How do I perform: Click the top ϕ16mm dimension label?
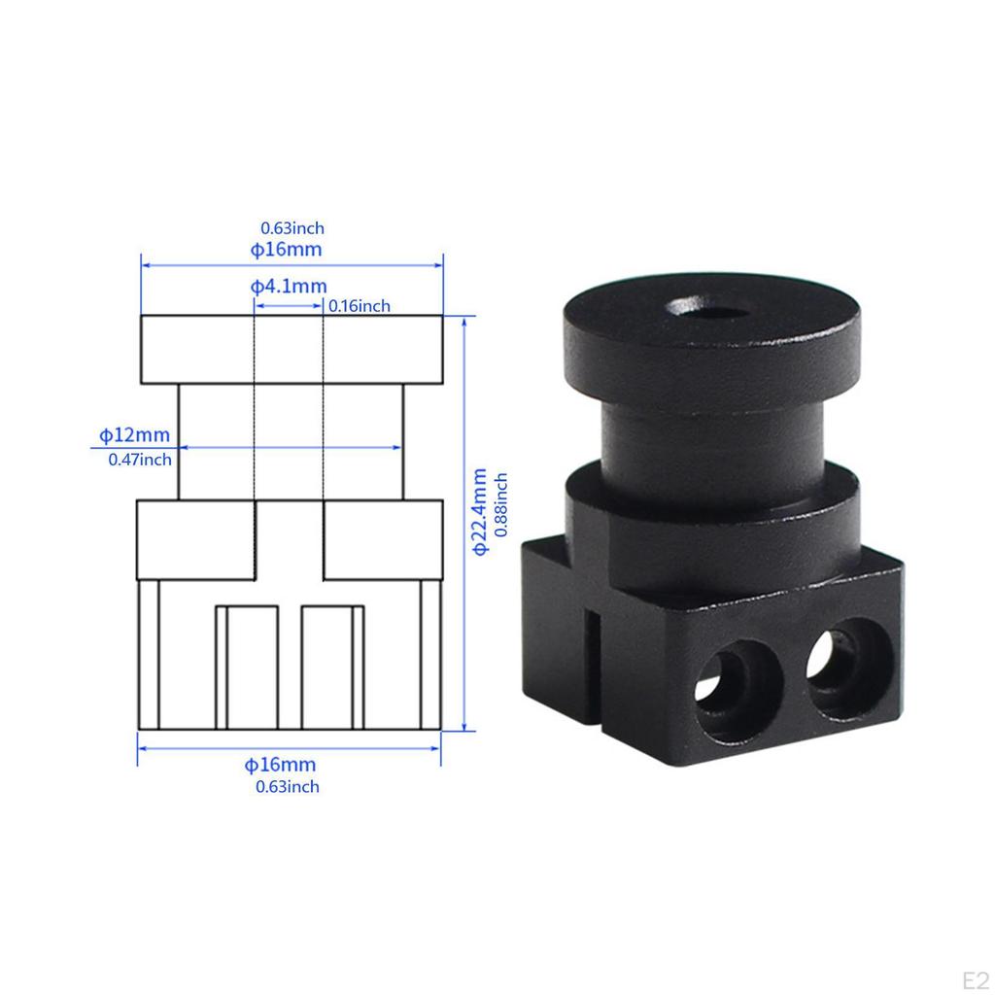287,250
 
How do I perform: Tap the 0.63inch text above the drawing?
292,228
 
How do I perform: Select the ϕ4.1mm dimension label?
289,287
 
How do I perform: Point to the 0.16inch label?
359,306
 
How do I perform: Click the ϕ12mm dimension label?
134,434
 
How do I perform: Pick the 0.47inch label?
140,460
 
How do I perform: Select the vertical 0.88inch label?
501,505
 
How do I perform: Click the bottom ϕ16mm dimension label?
280,766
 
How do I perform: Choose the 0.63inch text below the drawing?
287,787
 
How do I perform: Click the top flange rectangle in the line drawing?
292,349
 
